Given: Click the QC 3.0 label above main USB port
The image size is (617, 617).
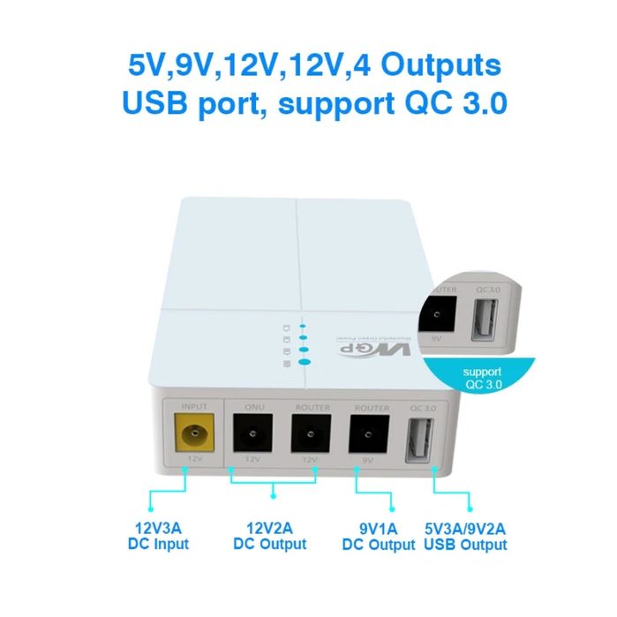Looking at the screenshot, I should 422,408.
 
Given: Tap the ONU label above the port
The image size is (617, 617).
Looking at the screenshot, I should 252,408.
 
